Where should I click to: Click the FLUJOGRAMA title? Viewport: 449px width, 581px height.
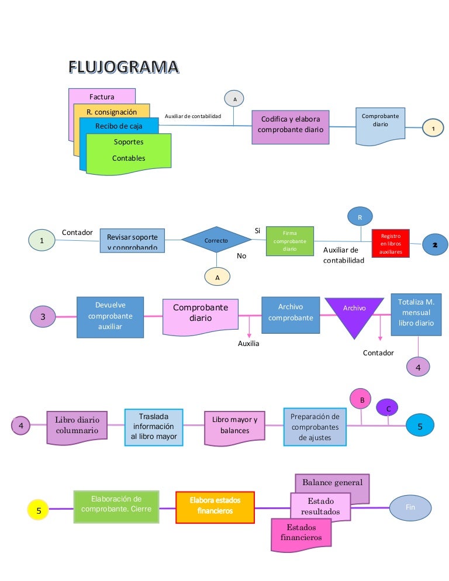(x=124, y=68)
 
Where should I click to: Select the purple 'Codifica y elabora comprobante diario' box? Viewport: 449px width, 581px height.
(x=291, y=124)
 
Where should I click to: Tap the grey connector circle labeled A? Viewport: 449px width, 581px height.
(x=234, y=99)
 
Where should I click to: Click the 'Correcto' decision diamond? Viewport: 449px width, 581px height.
(x=216, y=240)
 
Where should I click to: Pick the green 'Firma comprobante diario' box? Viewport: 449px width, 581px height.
(x=289, y=241)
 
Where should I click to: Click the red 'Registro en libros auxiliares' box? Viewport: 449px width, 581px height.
(x=391, y=243)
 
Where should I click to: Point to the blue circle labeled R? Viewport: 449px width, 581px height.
(x=360, y=217)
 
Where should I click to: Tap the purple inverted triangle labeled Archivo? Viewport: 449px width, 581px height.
(x=354, y=316)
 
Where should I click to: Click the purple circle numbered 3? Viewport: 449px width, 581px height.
(x=44, y=316)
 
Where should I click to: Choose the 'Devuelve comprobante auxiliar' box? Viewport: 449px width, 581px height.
(x=110, y=316)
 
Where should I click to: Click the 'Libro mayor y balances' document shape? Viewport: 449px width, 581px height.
(x=234, y=426)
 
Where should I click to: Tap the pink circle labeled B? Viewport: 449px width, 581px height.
(x=361, y=400)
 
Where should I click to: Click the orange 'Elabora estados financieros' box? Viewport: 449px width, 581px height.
(x=215, y=506)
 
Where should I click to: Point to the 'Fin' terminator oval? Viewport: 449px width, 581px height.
(x=410, y=507)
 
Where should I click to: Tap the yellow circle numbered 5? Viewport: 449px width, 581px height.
(x=39, y=510)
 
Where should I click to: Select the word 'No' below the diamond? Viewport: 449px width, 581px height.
(x=241, y=256)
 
